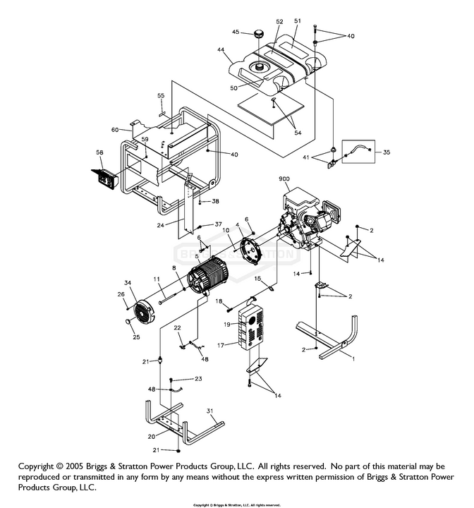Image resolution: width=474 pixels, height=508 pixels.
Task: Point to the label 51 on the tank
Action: (298, 22)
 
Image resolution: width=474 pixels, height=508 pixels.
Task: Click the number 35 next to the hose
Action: (386, 152)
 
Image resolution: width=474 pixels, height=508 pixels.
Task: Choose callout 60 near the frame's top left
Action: (114, 129)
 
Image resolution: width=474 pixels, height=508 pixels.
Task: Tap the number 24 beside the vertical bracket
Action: (162, 226)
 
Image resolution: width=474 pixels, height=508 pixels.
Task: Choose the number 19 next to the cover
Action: (228, 325)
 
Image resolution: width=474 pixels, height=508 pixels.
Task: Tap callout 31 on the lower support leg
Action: (209, 411)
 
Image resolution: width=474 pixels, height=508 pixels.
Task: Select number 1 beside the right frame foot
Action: (353, 358)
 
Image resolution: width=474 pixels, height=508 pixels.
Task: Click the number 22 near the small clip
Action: (178, 328)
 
